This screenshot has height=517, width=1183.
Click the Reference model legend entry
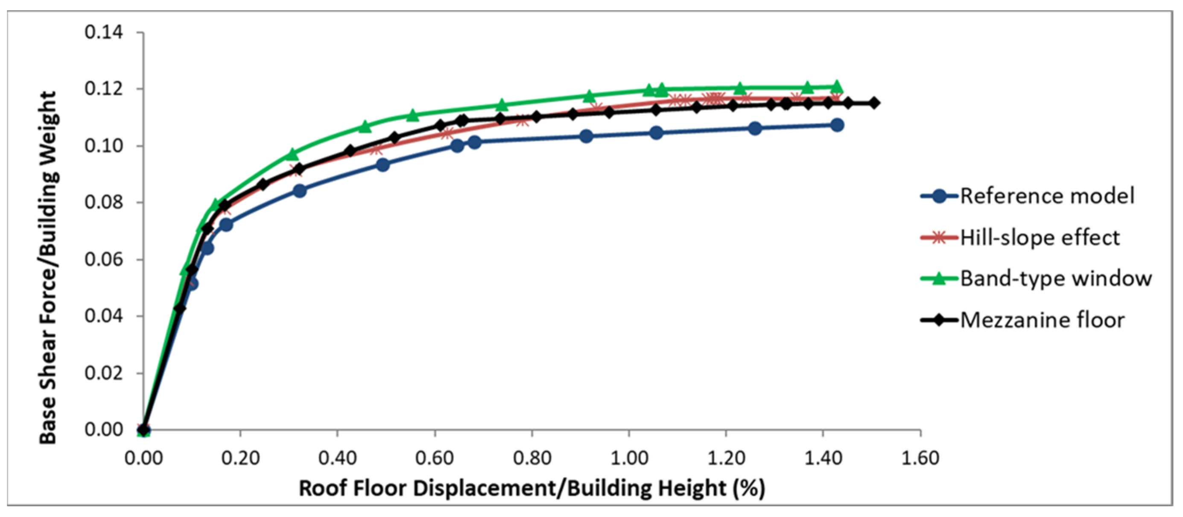pos(1047,196)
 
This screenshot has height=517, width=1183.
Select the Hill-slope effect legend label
pos(1040,238)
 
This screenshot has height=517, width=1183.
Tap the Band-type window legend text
pos(1056,279)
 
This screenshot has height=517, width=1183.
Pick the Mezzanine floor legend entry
pos(1042,320)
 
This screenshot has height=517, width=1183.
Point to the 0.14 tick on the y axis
pos(104,32)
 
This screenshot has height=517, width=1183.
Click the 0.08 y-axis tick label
pos(104,202)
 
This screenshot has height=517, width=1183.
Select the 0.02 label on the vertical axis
pos(104,373)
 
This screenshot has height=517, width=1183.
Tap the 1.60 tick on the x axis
pos(920,458)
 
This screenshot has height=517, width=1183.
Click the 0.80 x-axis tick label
pos(532,458)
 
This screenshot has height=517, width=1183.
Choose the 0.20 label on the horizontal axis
pos(241,458)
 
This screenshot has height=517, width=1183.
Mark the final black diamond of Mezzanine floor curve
pos(874,103)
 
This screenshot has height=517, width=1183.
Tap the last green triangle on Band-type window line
pos(837,86)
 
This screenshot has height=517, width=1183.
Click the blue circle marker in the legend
pos(940,196)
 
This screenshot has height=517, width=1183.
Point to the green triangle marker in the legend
pos(940,278)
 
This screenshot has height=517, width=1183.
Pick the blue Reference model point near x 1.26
pos(755,129)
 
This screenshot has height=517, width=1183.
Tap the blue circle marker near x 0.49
pos(383,164)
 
